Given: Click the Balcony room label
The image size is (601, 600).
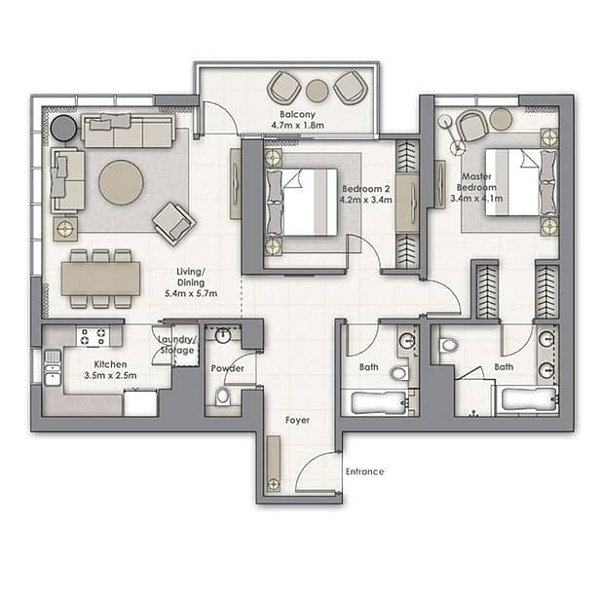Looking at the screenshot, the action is point(297,114).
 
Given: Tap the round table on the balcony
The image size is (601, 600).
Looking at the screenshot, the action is point(317,91).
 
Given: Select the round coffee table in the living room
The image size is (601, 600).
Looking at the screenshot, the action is point(121,182).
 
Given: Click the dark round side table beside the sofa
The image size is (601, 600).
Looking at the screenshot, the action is point(63,128).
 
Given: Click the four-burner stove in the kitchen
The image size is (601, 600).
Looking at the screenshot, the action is point(93,337).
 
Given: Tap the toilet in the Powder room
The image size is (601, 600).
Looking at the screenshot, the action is point(223,396).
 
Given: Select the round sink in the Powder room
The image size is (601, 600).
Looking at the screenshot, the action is point(223,336).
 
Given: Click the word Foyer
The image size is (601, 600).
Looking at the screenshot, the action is point(297,421).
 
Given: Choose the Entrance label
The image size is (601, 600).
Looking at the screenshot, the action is point(364,471).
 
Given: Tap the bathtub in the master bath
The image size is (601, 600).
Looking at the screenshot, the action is point(529,399).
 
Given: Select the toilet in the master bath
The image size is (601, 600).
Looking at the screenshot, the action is point(449,345).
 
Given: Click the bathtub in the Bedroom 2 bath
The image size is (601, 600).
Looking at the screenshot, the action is point(379,402).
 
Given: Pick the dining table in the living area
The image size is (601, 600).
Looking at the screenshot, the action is point(100,279).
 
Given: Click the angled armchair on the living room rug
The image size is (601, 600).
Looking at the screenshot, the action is point(174,223).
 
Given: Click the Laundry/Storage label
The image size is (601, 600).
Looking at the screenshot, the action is point(178,345).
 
